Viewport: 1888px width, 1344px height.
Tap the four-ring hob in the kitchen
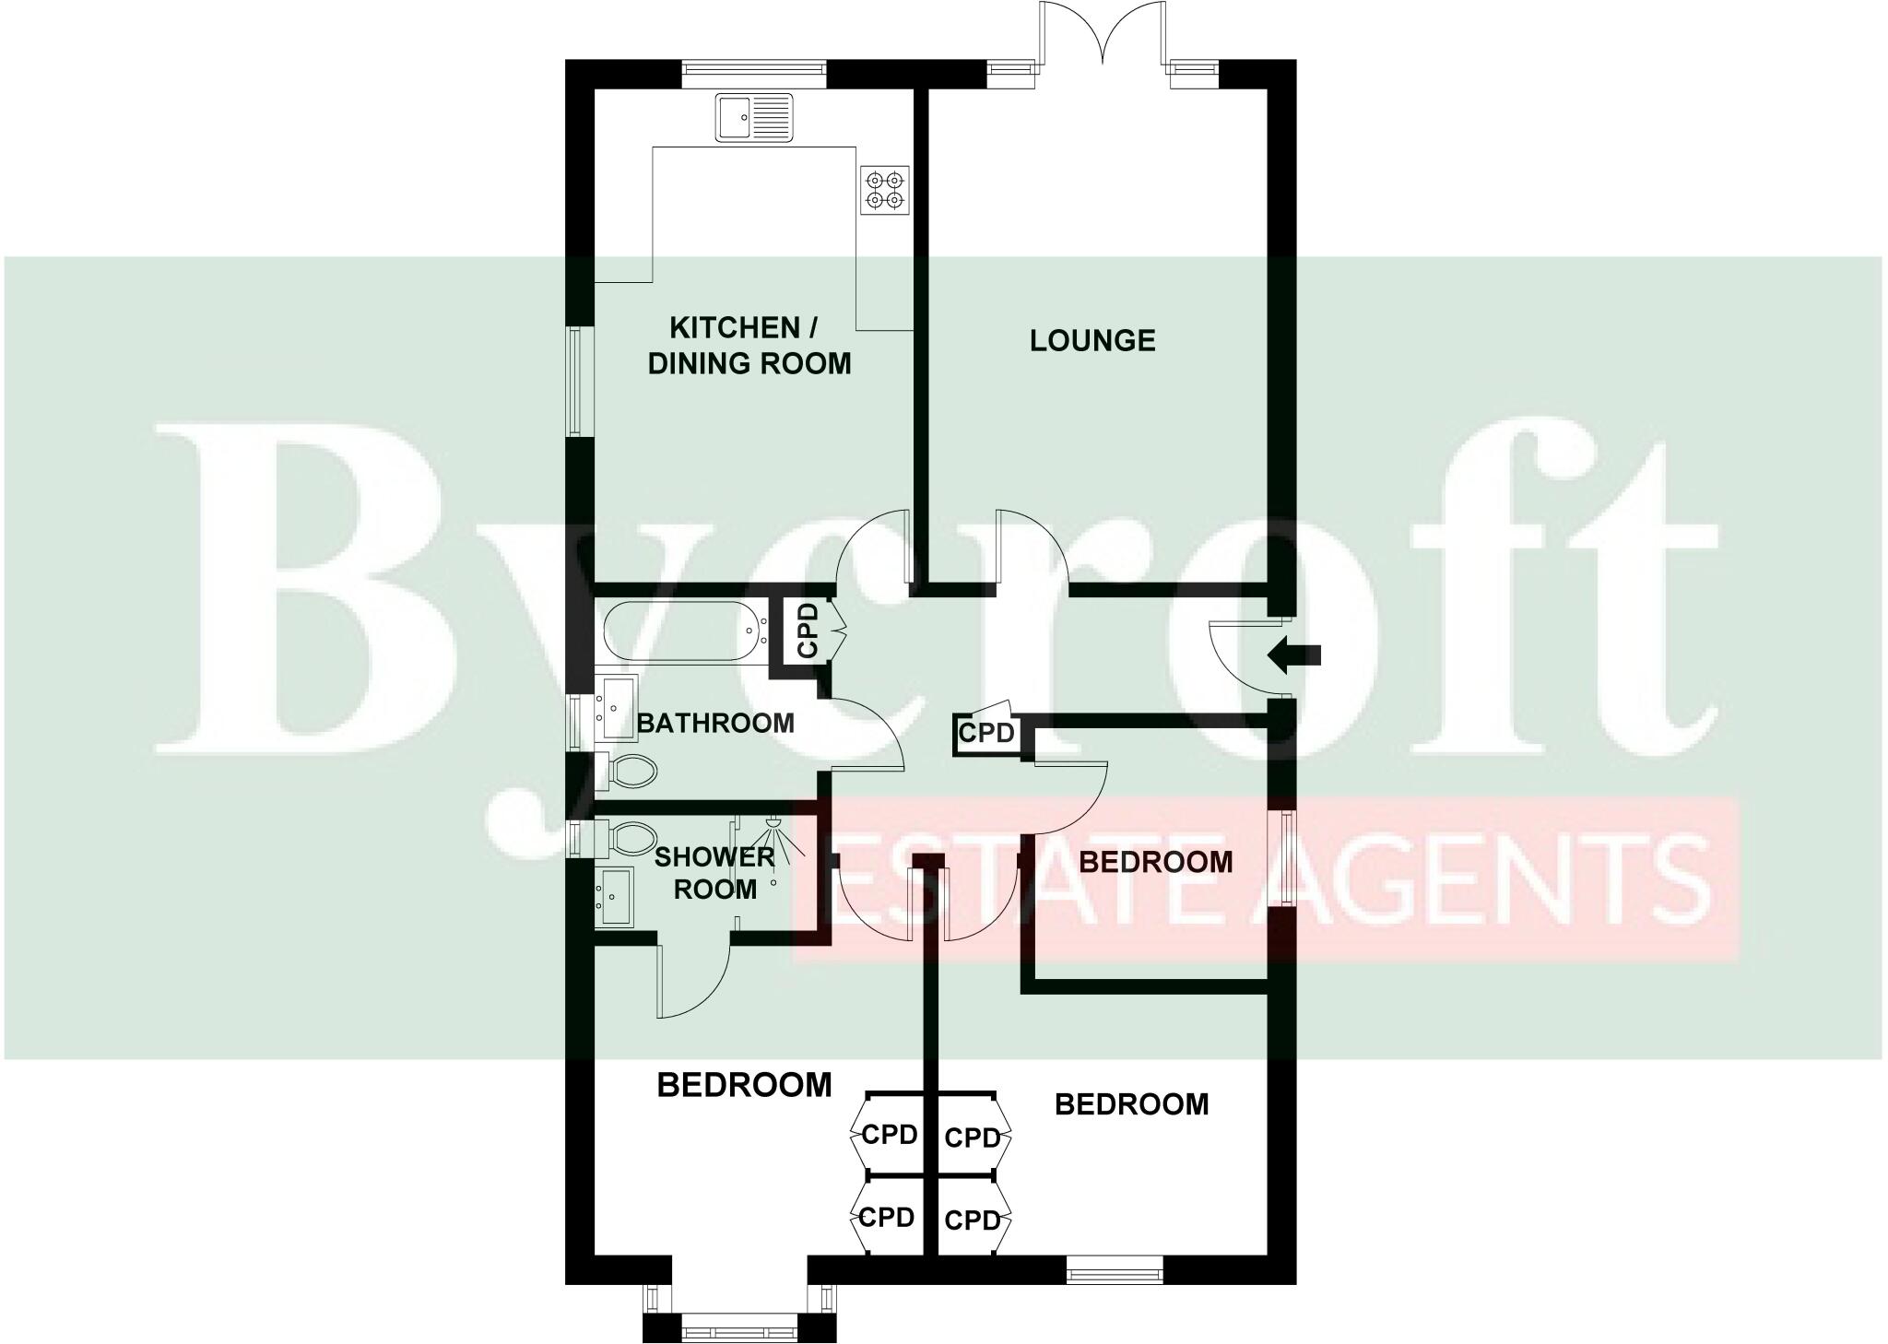pos(885,190)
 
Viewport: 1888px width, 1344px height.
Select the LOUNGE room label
pos(1092,341)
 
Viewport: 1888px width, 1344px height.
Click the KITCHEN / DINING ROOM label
pos(749,346)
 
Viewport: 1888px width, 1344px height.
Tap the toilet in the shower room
pos(627,839)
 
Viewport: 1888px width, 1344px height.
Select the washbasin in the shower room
pos(615,895)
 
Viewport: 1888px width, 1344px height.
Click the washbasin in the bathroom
pos(615,707)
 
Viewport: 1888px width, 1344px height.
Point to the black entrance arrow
pos(1294,655)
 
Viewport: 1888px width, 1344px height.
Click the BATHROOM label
pos(715,724)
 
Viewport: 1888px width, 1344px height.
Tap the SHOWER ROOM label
pos(715,873)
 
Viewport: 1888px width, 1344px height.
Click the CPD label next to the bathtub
pos(807,631)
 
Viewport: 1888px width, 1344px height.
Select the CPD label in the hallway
pos(986,734)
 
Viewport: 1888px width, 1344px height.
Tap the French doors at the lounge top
pos(1103,37)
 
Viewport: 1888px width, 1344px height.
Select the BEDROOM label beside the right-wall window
pos(1155,862)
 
